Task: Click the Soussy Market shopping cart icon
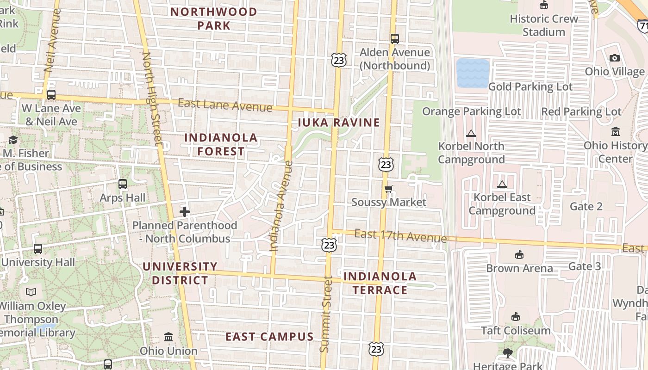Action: [x=389, y=189]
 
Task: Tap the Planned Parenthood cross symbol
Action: [x=185, y=212]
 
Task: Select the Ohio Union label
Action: [x=168, y=351]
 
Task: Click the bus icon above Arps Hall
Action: [x=123, y=184]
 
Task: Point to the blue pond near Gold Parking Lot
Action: [x=473, y=73]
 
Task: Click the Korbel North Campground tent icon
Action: [x=471, y=134]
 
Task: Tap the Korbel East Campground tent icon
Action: [x=502, y=184]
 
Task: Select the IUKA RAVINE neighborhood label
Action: [x=339, y=123]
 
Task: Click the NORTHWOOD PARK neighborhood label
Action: [x=214, y=18]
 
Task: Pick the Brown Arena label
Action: [x=519, y=268]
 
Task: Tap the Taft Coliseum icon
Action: [x=516, y=317]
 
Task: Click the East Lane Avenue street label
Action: [x=225, y=105]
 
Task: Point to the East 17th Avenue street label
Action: [x=401, y=236]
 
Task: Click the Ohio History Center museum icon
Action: [x=616, y=132]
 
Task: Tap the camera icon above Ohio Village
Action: [x=615, y=58]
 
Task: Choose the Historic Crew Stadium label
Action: [x=544, y=25]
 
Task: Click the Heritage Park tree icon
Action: [x=508, y=353]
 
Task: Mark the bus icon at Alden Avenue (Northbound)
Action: [x=395, y=39]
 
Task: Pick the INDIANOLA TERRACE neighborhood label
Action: [x=380, y=283]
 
